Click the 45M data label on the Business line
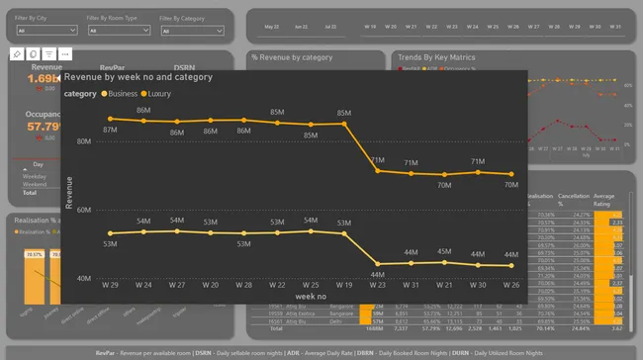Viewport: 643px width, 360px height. coord(444,251)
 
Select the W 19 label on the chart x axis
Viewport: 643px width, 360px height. coord(343,285)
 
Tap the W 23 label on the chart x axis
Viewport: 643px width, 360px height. coord(377,285)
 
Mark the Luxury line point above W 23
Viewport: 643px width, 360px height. coord(377,171)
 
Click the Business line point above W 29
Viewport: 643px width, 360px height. coord(110,234)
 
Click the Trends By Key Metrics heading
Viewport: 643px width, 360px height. coord(436,58)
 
